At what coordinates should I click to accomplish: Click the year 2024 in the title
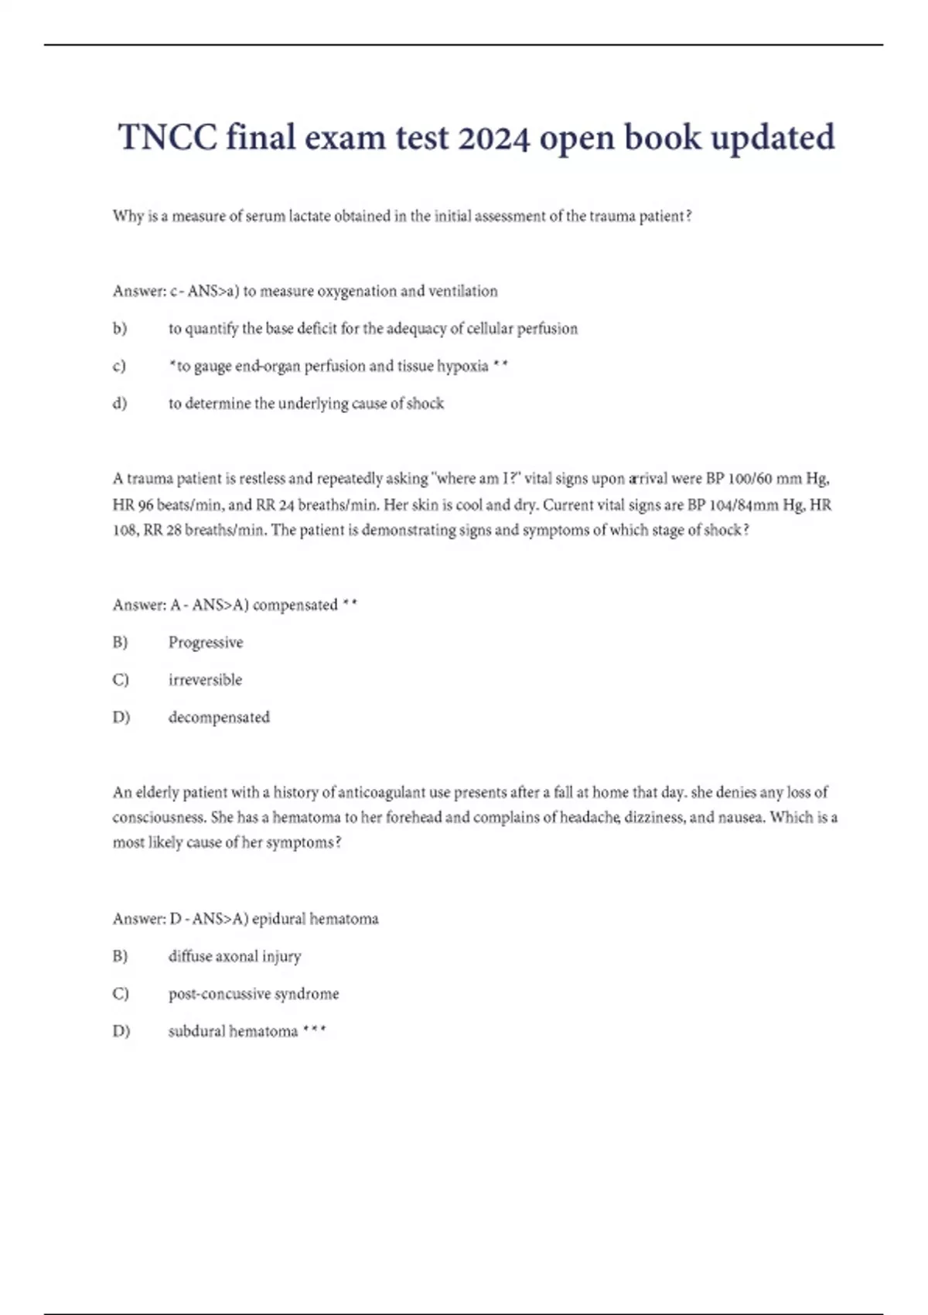(493, 138)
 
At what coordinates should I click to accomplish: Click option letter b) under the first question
(120, 329)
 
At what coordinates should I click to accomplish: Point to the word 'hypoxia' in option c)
(462, 366)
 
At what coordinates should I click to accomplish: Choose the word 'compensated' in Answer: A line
(295, 605)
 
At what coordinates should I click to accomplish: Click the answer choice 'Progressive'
(206, 643)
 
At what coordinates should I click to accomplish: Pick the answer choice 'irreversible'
(205, 680)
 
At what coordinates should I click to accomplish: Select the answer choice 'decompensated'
(219, 717)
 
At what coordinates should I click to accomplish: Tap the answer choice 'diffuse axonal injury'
(234, 957)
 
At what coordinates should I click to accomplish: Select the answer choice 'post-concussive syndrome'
(254, 994)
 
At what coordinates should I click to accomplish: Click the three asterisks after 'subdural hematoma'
(315, 1030)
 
